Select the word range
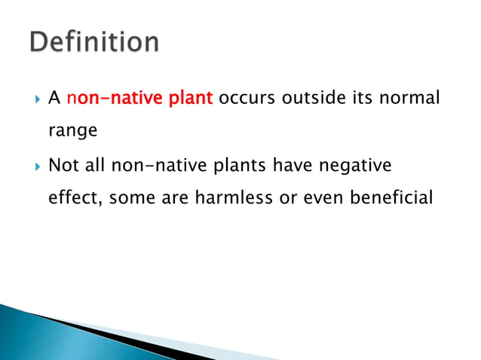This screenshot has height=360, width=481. (x=72, y=130)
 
